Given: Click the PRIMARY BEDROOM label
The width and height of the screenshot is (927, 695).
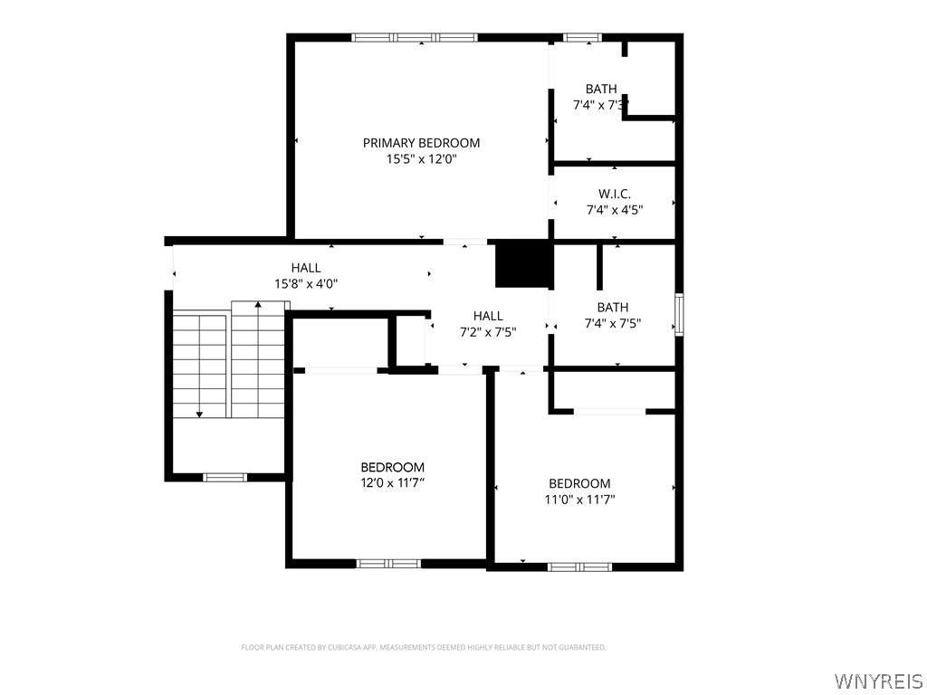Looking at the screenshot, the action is click(421, 142).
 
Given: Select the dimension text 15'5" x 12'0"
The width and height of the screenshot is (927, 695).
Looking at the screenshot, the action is click(422, 159).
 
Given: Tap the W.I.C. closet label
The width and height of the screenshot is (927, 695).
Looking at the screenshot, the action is click(615, 194).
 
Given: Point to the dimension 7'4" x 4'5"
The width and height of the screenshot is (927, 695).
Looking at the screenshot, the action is click(615, 209).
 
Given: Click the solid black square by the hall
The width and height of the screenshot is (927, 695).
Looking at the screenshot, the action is click(523, 265).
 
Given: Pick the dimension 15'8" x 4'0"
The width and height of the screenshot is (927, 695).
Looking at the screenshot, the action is click(306, 283).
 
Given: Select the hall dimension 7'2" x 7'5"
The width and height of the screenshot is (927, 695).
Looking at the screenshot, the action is click(488, 332).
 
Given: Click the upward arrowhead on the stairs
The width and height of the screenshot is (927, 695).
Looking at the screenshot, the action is click(258, 304).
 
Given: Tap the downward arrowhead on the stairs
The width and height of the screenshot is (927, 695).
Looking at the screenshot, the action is click(199, 414).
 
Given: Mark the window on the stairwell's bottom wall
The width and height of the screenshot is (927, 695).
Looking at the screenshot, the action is click(225, 478).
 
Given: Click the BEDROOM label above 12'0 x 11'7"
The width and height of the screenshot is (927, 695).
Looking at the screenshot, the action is click(393, 467).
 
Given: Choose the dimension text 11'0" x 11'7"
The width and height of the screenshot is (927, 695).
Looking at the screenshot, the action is click(579, 500).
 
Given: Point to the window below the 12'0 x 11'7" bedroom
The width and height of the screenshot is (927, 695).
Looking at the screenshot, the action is click(388, 563).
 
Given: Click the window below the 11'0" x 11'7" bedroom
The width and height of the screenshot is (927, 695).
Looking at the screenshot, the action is click(579, 566).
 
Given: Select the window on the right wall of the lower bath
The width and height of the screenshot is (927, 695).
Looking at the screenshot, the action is click(679, 314).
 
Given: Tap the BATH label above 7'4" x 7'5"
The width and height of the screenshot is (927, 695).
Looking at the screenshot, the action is click(613, 308).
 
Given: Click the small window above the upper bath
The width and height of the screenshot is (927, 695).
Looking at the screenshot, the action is click(582, 38).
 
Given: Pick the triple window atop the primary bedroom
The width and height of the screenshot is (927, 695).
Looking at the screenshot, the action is click(415, 38).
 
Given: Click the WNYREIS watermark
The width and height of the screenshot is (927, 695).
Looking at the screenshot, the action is click(877, 681).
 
